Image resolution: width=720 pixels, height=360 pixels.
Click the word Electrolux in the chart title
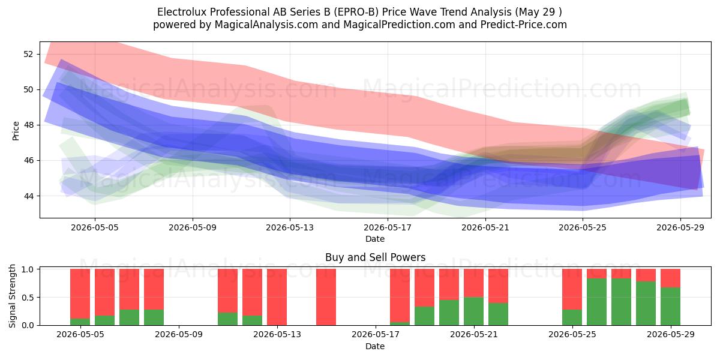tap(182, 12)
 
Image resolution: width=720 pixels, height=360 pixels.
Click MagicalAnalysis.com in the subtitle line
tap(266, 25)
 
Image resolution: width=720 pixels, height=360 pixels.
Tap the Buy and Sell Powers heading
tap(375, 257)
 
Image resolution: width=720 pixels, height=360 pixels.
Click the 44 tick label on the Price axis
tap(28, 196)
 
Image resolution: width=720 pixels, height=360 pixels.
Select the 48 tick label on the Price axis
tap(28, 125)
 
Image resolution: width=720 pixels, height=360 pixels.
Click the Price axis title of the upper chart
tap(16, 131)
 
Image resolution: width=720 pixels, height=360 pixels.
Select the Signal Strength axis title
tap(12, 296)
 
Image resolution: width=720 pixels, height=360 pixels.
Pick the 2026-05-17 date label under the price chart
tap(388, 227)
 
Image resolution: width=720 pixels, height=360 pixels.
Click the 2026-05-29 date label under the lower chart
tap(671, 335)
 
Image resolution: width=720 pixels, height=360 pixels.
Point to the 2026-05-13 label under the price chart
tap(290, 227)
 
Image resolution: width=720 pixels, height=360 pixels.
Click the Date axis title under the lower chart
tap(375, 346)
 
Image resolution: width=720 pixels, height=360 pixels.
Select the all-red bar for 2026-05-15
tap(326, 297)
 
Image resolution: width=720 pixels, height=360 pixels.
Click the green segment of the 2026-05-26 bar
tap(596, 302)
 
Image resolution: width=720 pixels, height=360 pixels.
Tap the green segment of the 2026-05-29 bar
tap(670, 307)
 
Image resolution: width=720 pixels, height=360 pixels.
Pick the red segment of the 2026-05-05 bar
tap(104, 292)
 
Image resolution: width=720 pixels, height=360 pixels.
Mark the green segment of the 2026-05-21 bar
tap(473, 311)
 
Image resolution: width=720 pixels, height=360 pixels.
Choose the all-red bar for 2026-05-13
tap(277, 297)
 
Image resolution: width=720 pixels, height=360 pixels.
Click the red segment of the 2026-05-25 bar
tap(572, 289)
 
